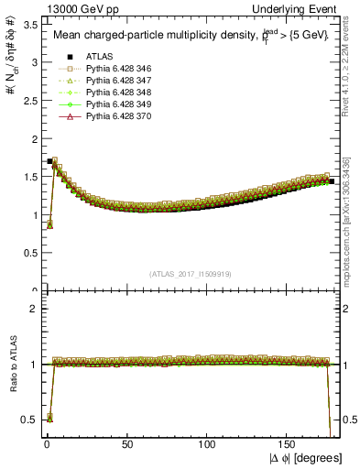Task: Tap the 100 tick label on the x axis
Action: [x=208, y=446]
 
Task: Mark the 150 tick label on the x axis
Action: [x=289, y=446]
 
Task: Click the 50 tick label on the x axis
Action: [x=127, y=446]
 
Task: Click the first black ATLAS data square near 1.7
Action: [x=49, y=161]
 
